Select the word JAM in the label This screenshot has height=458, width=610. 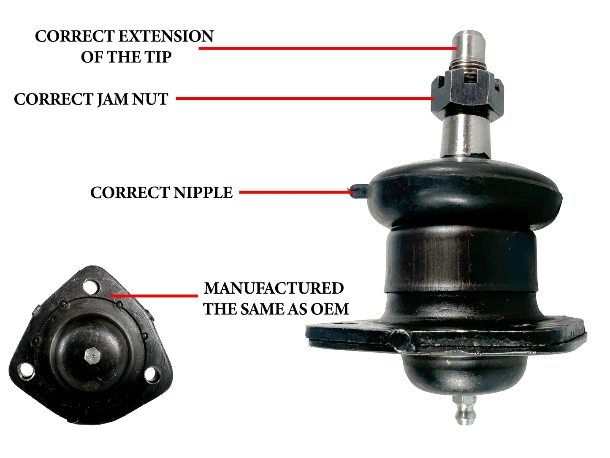point(113,99)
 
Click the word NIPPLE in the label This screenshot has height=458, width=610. point(203,192)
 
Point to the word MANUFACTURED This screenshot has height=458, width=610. point(274,288)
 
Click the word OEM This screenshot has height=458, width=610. point(329,309)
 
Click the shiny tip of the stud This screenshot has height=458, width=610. point(468,46)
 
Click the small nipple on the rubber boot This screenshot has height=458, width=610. point(358,191)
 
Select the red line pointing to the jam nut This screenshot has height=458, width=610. point(305,98)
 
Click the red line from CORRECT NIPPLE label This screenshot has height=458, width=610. point(296,192)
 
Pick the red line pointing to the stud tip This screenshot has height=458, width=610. point(328,48)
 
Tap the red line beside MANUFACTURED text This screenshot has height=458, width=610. point(154,296)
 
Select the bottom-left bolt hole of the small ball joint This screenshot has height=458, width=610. point(26,371)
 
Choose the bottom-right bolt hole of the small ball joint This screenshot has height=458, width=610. point(152,375)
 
